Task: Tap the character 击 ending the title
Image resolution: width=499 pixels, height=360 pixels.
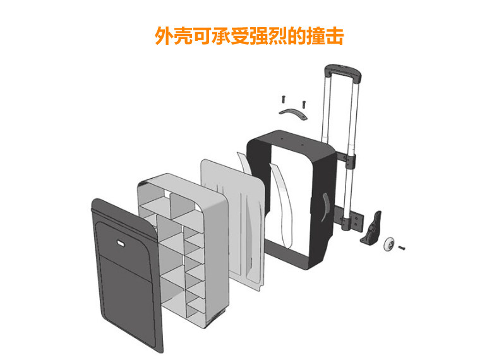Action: click(x=334, y=35)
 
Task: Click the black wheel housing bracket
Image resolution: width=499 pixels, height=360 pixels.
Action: click(x=372, y=227)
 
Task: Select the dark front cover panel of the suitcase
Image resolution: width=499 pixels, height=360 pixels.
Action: click(x=126, y=278)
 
